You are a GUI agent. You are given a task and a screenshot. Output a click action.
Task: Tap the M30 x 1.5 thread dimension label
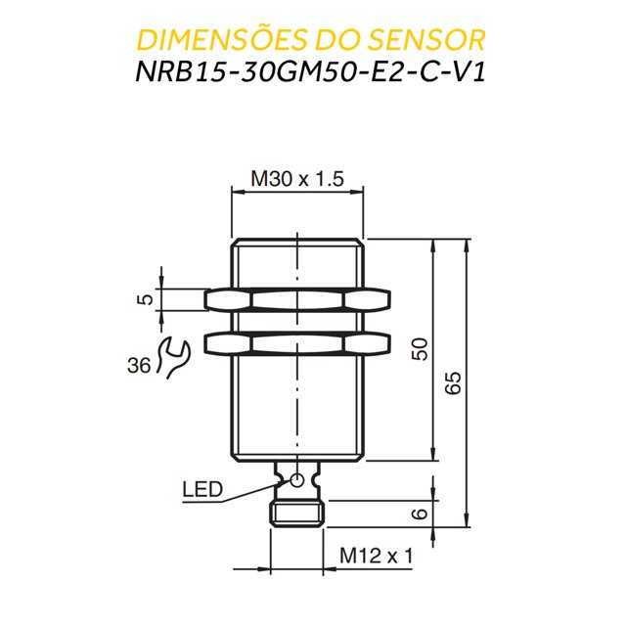point(297,179)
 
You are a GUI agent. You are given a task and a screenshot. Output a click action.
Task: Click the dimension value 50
point(420,349)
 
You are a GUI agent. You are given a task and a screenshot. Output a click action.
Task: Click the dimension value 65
point(452,383)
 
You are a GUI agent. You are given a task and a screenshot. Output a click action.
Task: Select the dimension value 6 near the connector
point(420,514)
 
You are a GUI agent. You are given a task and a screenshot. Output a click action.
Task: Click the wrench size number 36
point(139,366)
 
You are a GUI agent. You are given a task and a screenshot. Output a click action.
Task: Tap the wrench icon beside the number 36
point(172,356)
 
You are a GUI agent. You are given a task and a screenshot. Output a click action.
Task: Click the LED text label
point(201,489)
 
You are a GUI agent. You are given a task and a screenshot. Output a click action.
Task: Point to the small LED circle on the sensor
point(297,478)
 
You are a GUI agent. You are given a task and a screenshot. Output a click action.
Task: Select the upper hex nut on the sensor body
point(297,299)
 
